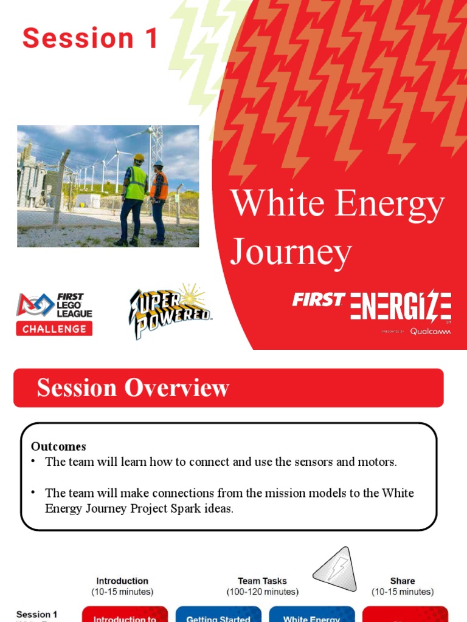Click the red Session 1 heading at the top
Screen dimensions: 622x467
(90, 38)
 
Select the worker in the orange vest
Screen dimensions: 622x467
(159, 197)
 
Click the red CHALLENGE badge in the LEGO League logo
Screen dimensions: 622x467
(54, 329)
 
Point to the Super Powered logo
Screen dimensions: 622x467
(170, 310)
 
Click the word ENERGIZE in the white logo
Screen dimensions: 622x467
(401, 305)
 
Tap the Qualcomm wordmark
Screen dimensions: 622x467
(430, 331)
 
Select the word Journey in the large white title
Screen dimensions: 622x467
(291, 251)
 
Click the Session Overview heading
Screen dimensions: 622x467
(133, 388)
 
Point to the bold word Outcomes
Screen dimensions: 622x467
(58, 446)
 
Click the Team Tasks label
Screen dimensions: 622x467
(262, 581)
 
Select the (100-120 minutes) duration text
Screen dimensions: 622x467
(262, 592)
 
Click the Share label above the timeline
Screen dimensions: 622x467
(403, 581)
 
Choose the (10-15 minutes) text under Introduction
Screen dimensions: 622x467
(122, 592)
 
